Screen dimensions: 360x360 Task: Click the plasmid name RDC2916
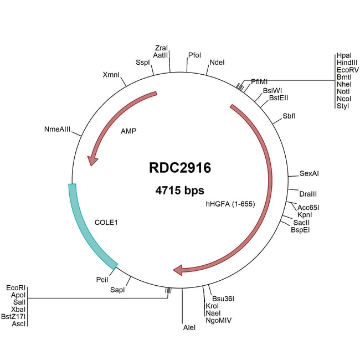click(x=179, y=168)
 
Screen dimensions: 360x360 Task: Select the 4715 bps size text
click(x=179, y=191)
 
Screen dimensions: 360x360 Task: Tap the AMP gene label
click(x=128, y=131)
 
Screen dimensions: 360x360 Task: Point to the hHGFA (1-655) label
click(x=230, y=204)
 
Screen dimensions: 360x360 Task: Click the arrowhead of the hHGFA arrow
click(x=178, y=270)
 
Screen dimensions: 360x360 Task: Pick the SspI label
click(x=143, y=63)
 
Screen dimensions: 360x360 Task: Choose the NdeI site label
click(x=217, y=63)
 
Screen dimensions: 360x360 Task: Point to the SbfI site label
click(x=289, y=116)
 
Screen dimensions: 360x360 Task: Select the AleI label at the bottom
click(x=189, y=328)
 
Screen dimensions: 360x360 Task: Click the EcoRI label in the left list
click(x=16, y=287)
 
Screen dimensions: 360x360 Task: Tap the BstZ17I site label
click(x=13, y=316)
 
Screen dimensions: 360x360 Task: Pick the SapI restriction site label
click(x=117, y=290)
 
